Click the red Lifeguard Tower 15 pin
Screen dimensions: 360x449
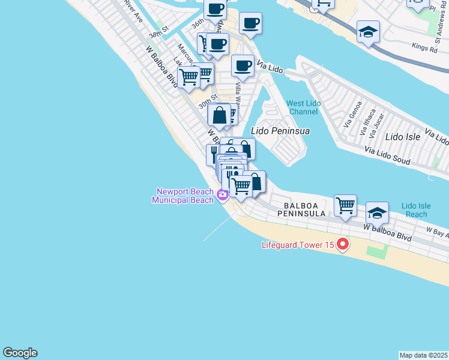click(343, 244)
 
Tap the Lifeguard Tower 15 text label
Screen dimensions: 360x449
click(298, 245)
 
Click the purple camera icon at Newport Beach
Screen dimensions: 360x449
click(223, 194)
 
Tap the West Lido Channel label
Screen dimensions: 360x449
click(304, 107)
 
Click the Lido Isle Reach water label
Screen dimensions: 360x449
click(416, 210)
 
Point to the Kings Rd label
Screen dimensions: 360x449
click(423, 46)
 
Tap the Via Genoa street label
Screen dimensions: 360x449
click(349, 119)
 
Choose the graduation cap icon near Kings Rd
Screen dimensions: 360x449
click(368, 32)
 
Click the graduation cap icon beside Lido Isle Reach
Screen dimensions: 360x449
click(377, 213)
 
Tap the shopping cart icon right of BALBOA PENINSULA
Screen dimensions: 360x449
click(346, 206)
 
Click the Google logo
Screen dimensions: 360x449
click(20, 353)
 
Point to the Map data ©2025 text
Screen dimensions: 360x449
click(423, 355)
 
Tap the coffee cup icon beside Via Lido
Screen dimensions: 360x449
click(243, 66)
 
